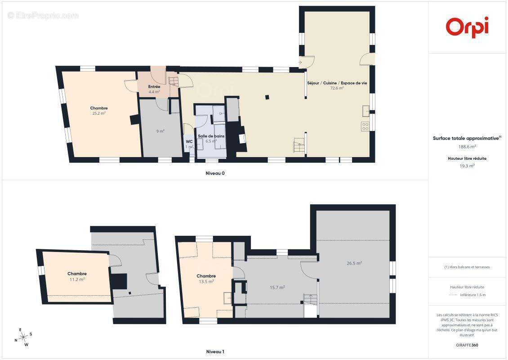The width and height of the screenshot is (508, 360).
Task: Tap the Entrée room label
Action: coord(154,86)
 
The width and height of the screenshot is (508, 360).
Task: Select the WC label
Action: coord(189,141)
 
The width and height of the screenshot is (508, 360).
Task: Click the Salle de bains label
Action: coord(211,136)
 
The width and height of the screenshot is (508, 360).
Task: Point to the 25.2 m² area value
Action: coord(99,113)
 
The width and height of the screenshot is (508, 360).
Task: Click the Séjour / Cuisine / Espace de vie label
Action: coord(337,83)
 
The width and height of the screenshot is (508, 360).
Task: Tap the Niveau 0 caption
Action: coord(215,173)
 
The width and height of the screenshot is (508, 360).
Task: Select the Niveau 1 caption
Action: coord(215,351)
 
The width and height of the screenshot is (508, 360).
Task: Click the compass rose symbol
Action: coord(23,337)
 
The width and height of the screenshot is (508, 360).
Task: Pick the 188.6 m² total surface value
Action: coord(467,147)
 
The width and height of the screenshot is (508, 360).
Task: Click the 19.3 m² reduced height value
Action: coord(467,166)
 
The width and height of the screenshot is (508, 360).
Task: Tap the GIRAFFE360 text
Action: coord(467,345)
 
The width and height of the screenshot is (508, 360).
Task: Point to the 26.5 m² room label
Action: coord(354,263)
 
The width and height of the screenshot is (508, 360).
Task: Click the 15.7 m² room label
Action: coord(277,288)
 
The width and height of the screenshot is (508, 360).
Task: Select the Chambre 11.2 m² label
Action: coord(77,276)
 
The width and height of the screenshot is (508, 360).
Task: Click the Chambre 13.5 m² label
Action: coord(206,279)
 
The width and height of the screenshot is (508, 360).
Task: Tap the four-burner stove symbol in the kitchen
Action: coord(365,126)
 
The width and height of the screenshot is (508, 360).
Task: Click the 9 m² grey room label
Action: coord(160,131)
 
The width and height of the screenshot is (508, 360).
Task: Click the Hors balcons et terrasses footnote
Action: coord(467,267)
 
